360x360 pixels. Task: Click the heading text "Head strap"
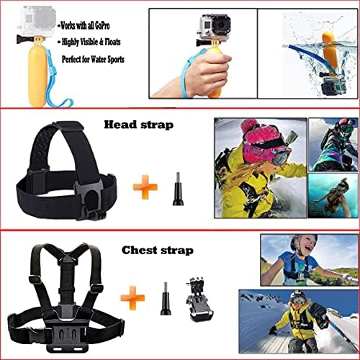tap(139, 125)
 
